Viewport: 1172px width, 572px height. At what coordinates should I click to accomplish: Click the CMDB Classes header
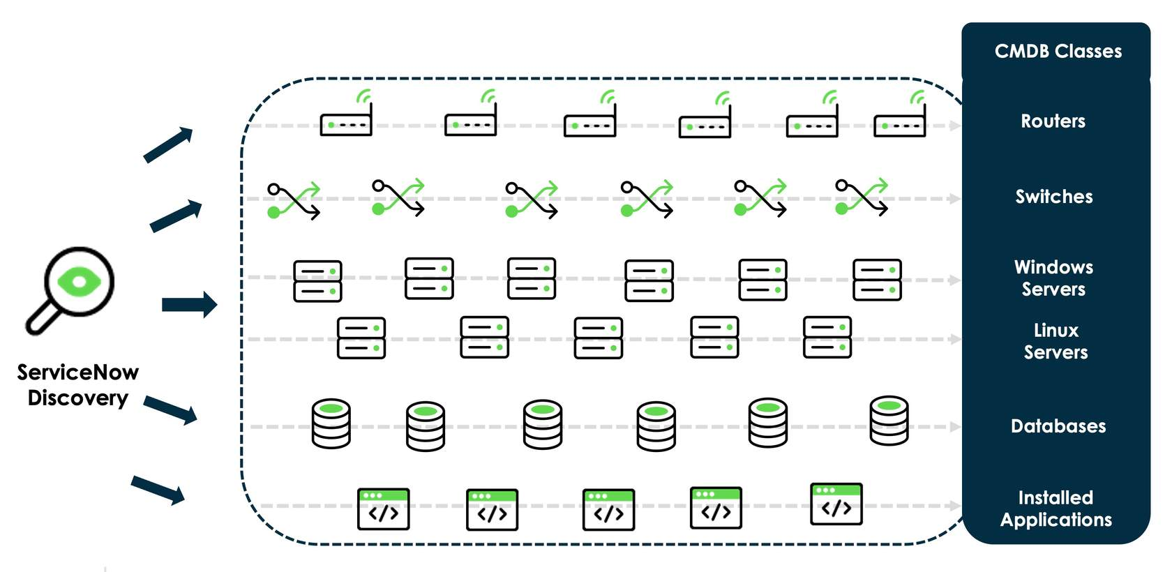(x=1058, y=52)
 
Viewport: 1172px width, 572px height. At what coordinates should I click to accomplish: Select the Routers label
(x=1053, y=121)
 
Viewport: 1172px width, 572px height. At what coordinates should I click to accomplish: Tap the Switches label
(x=1053, y=197)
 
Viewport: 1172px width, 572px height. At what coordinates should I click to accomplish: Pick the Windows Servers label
(x=1053, y=278)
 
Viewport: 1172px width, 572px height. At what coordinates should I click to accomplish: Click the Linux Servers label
(x=1055, y=341)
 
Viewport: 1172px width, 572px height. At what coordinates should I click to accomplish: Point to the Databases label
(x=1058, y=426)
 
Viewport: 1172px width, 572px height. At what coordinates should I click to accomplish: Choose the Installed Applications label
(x=1055, y=509)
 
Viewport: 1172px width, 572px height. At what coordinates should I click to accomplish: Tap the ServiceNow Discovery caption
(x=77, y=385)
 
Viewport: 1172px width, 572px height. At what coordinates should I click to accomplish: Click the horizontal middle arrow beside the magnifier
(x=189, y=305)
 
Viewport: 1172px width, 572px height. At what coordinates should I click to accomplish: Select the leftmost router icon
(x=346, y=119)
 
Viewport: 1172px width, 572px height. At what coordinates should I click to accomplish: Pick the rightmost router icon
(x=900, y=119)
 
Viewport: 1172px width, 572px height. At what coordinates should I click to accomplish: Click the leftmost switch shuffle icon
(x=294, y=201)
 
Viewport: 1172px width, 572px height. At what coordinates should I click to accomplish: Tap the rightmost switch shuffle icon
(x=862, y=197)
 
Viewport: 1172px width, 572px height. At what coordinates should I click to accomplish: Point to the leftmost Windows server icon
(x=317, y=281)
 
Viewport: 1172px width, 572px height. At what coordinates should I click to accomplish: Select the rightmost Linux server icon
(x=827, y=337)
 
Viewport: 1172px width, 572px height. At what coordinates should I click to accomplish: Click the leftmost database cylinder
(x=331, y=423)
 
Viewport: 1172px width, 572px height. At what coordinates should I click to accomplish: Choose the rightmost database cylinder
(x=889, y=420)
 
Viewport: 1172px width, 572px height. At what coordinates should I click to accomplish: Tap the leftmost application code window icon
(x=383, y=509)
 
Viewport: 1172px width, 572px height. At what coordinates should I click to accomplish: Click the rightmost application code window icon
(x=836, y=504)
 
